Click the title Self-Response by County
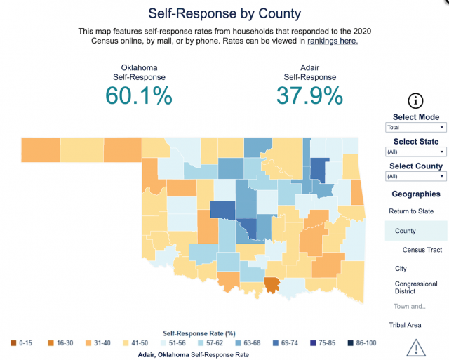224,13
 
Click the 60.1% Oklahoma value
139,95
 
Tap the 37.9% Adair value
309,95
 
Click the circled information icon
416,100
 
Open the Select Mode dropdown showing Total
416,128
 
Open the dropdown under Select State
416,152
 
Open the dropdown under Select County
416,177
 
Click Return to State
411,211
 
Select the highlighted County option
406,231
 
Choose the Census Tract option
422,250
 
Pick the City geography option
401,269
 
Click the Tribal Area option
406,325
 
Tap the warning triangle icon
416,347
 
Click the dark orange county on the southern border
272,284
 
